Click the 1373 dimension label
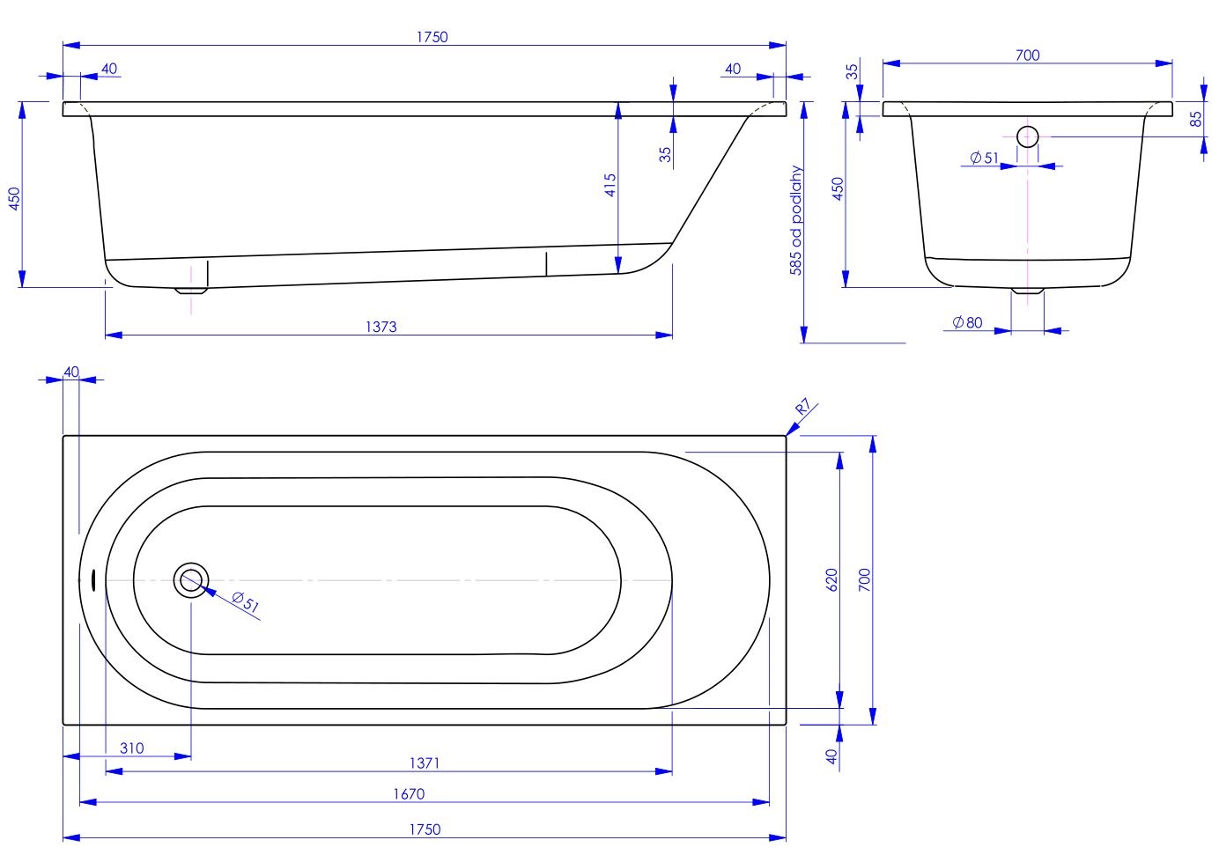coord(380,327)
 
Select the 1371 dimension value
coord(425,763)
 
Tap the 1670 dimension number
coord(409,794)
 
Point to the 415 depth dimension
coord(610,185)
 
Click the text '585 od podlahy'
coord(795,220)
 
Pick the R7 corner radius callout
coord(803,407)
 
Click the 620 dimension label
coord(831,579)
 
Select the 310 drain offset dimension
coord(132,748)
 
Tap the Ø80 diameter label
coord(968,322)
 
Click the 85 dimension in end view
coord(1195,119)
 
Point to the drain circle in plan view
coord(191,580)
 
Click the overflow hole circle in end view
coord(1028,136)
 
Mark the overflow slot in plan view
coord(93,579)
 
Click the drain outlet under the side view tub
coord(190,290)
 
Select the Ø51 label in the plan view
coord(246,602)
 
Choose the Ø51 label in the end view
coord(985,158)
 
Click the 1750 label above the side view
coord(432,37)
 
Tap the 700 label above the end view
coord(1028,55)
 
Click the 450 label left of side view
coord(15,198)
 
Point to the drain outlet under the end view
coord(1028,291)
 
